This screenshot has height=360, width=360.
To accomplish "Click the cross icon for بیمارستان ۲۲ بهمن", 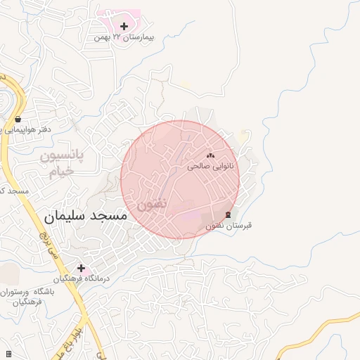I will coord(124,27).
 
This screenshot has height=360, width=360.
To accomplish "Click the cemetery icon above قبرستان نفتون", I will coord(227,214).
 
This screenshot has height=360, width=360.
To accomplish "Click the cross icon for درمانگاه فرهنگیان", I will coord(82,267).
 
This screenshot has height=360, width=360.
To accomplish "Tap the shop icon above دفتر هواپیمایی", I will coord(18,119).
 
